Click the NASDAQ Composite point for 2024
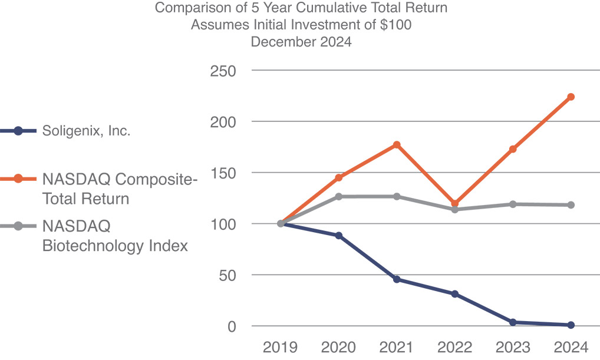(571, 97)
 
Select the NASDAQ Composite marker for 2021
(397, 145)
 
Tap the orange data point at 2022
(455, 203)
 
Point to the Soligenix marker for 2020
(339, 236)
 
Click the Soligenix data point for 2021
(397, 279)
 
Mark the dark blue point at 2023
(513, 322)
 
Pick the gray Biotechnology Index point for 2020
(339, 196)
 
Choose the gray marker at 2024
(571, 205)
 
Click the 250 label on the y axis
(223, 71)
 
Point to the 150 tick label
(223, 173)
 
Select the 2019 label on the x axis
(281, 346)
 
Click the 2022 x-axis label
(455, 346)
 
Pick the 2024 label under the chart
(571, 346)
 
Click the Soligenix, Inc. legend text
(86, 131)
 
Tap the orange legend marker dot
(18, 179)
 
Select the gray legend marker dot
(18, 226)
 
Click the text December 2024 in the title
(301, 42)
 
